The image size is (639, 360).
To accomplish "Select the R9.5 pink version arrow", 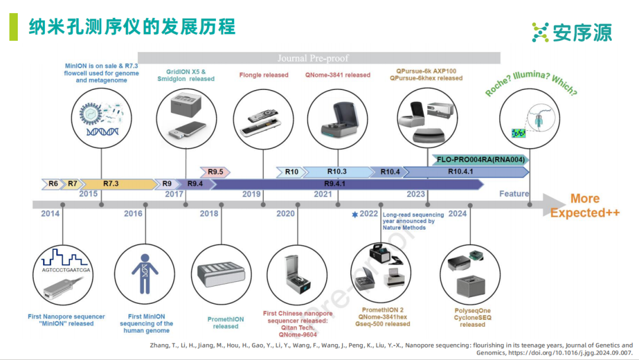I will coord(215,172).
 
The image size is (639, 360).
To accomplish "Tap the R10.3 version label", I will coord(337,172).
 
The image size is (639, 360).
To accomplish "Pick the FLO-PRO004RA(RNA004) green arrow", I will coord(479,159).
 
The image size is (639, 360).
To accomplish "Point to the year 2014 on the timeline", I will coord(50,214).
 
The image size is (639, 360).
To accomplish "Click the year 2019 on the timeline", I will coord(251,194).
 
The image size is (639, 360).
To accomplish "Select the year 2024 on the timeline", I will coord(457,214).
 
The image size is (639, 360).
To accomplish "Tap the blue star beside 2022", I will coord(355,214).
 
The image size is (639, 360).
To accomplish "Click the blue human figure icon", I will coord(144,274).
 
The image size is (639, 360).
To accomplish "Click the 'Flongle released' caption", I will coord(264,75).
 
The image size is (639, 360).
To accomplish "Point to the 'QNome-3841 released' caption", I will coord(338,75).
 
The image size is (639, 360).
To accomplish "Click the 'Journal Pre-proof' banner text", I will coord(313,58).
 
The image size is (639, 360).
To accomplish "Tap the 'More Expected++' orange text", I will coord(585,206).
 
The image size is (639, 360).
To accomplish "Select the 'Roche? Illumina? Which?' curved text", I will coord(531,83).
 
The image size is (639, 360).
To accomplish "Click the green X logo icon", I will coord(540,32).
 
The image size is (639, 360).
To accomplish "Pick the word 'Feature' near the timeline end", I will coord(514,194).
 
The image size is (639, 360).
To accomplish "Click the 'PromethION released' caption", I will coord(225,323).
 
